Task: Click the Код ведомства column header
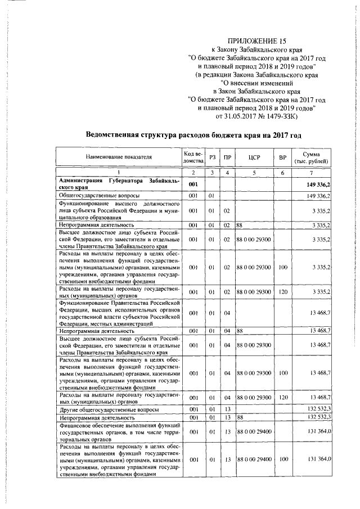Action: pos(193,158)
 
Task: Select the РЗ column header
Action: pos(212,158)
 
